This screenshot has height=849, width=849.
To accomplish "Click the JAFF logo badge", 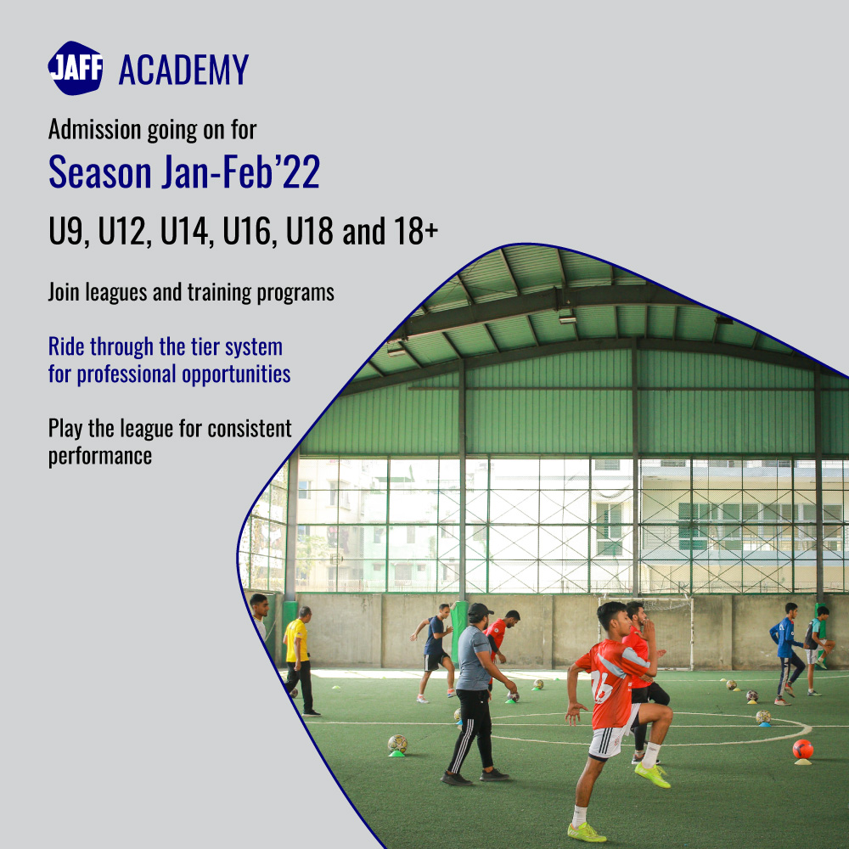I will (76, 69).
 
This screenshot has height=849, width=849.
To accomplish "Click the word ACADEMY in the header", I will (183, 70).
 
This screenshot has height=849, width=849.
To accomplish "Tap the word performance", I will (100, 455).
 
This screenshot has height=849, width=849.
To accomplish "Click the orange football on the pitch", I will (802, 749).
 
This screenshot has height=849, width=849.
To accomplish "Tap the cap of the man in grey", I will (480, 610).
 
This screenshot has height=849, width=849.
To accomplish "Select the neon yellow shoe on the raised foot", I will (652, 774).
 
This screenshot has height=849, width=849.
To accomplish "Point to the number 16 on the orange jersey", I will (602, 686).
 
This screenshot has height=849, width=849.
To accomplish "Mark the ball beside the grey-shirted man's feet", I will (397, 744).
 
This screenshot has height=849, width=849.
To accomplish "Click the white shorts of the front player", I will (611, 741).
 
